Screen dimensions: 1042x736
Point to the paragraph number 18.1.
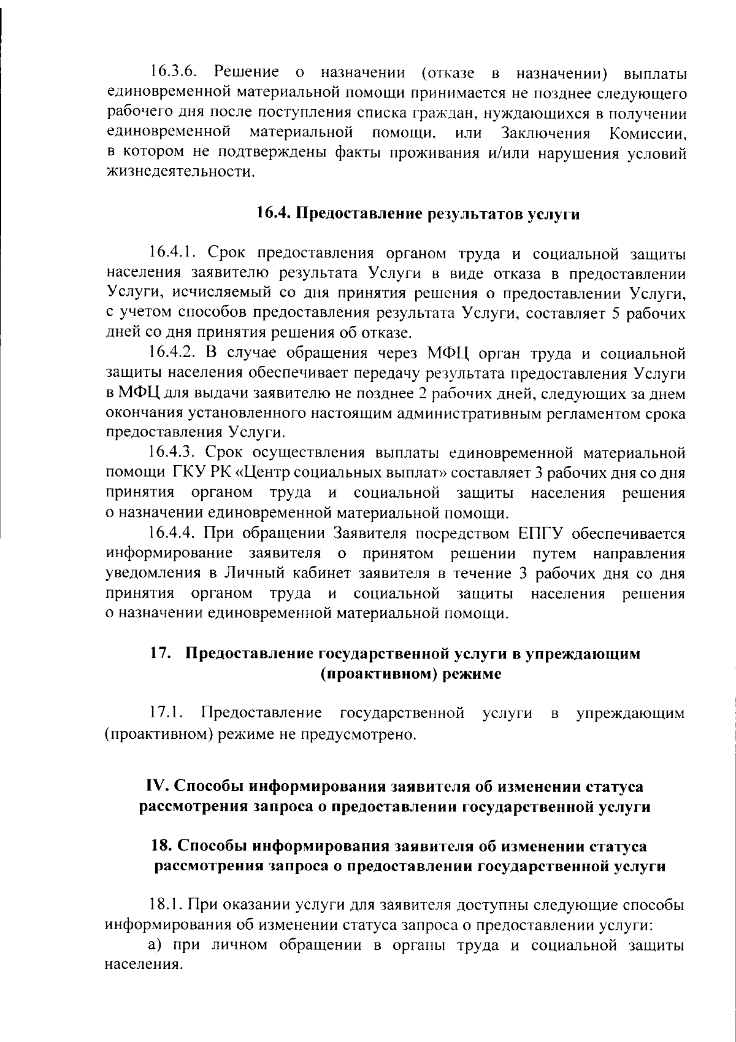tap(166, 905)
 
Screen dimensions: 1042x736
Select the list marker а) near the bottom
tap(154, 946)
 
